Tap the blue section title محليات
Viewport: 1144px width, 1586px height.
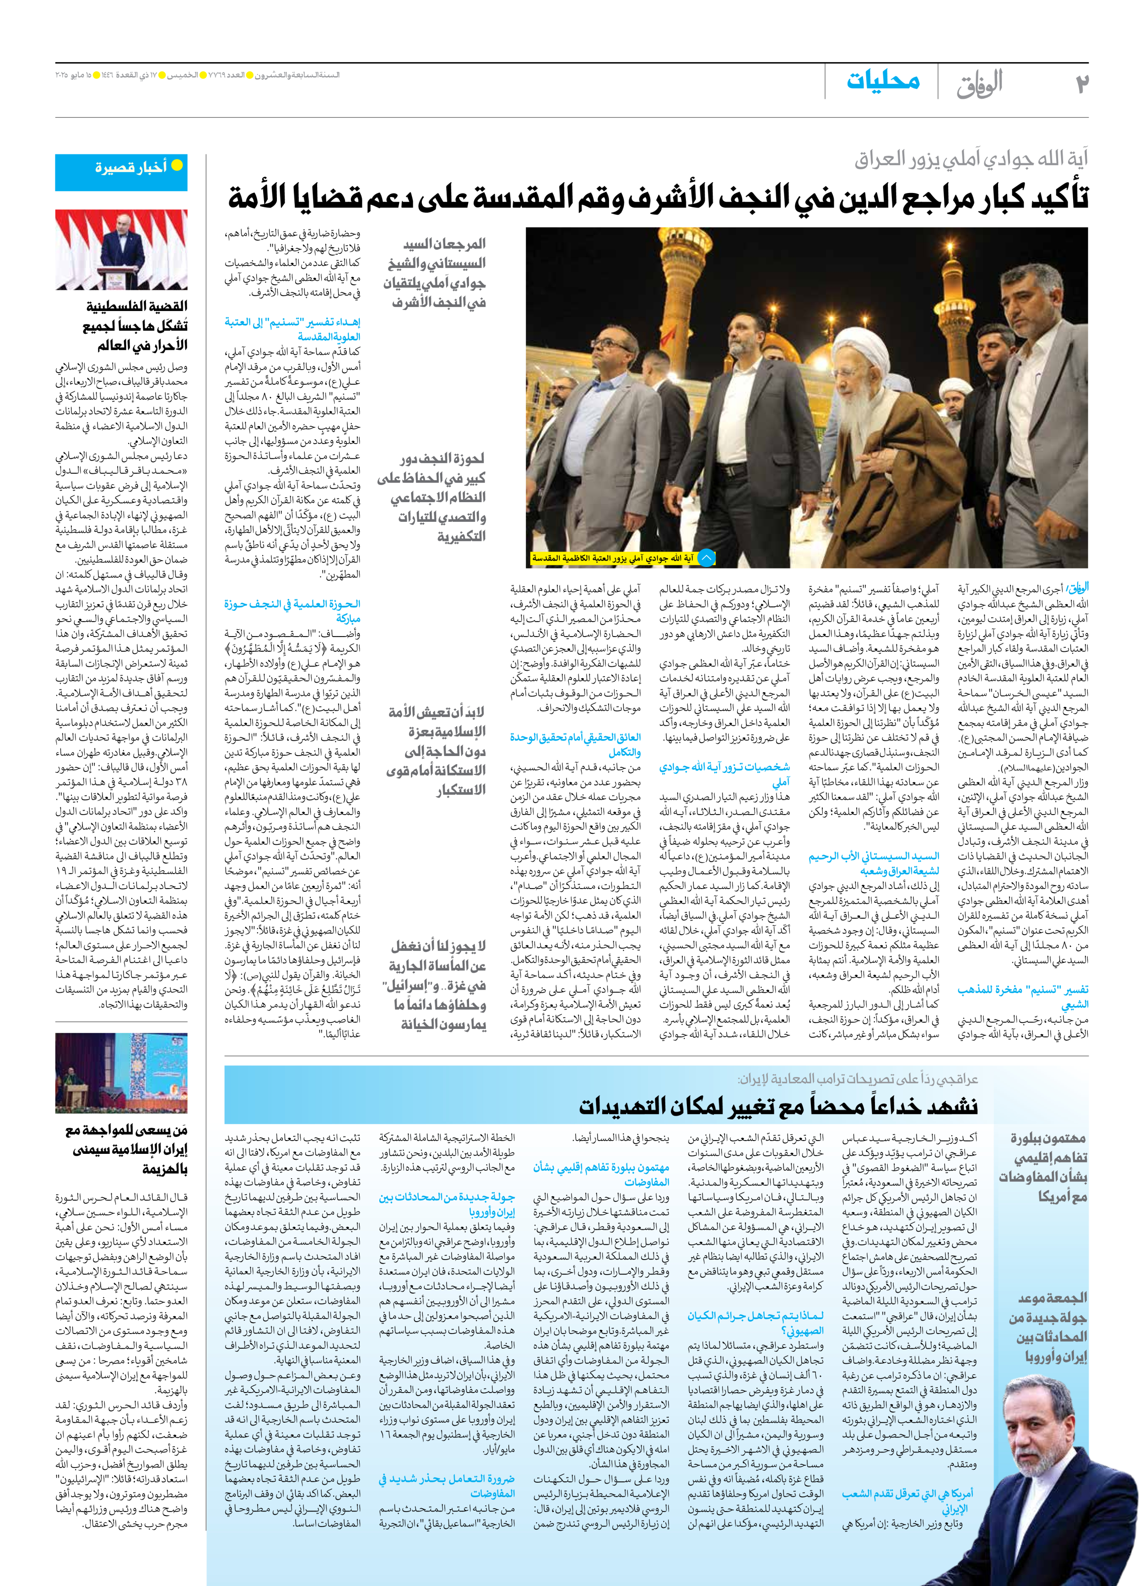(883, 81)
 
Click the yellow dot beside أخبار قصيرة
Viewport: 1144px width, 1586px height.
(177, 166)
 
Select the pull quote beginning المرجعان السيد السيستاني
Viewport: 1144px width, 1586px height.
(435, 273)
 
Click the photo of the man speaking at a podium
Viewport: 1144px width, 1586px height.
(121, 250)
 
